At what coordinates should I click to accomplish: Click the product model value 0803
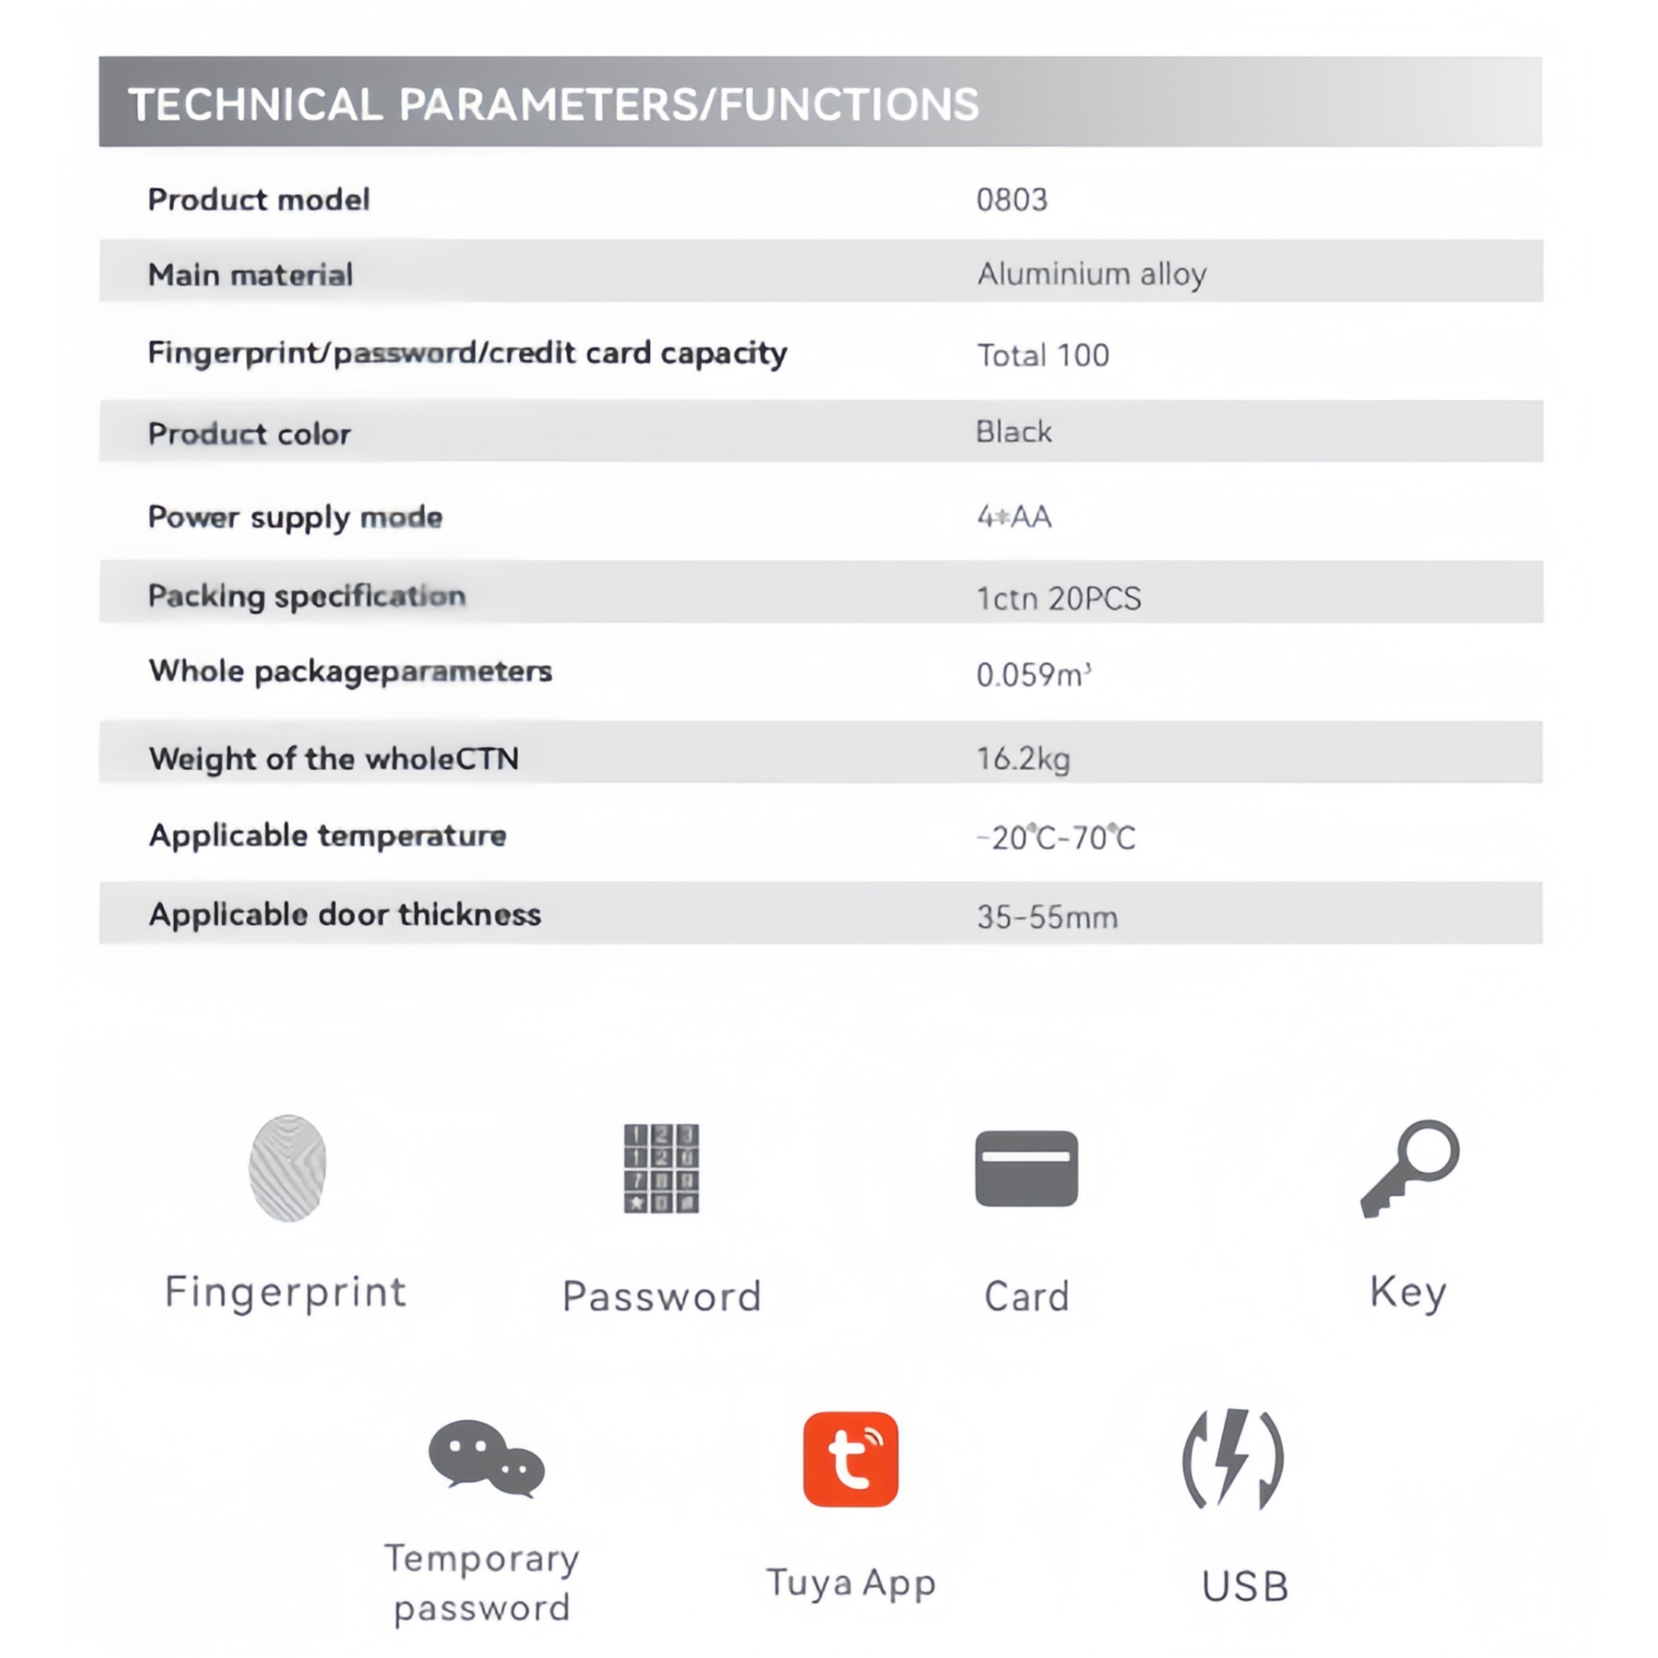pos(1012,200)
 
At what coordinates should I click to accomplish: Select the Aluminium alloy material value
pos(1092,275)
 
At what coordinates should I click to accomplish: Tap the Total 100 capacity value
pos(1043,356)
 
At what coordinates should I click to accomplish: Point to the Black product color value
pos(1013,432)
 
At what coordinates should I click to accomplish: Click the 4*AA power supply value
pos(1013,517)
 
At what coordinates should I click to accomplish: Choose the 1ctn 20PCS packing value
pos(1059,598)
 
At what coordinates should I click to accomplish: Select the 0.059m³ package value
pos(1033,675)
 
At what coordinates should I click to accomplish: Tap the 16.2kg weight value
pos(1023,758)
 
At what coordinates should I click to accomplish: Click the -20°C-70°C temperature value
pos(1056,838)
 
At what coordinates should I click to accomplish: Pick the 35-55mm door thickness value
pos(1047,918)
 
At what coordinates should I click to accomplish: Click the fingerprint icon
pos(287,1168)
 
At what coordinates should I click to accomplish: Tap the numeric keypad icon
pos(662,1168)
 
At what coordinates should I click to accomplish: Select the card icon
pos(1026,1168)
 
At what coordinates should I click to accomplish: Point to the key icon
pos(1409,1167)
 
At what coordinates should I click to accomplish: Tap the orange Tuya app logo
pos(850,1459)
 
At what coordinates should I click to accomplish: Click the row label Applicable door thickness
pos(345,915)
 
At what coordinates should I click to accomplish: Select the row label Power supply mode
pos(295,517)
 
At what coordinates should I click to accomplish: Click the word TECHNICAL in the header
pos(255,105)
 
